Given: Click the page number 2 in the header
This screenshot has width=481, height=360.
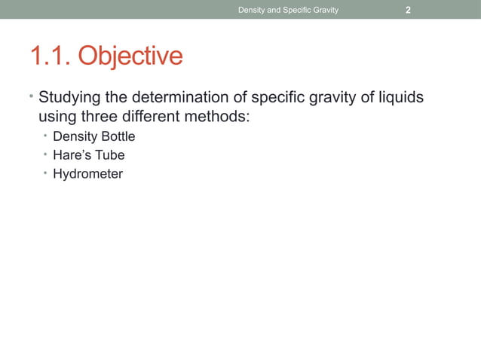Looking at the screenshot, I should point(408,10).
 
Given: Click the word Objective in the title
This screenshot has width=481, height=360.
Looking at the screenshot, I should point(130,56).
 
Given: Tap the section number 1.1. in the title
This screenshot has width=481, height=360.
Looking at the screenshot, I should point(51,56).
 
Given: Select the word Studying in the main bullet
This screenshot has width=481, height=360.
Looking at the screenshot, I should point(72,99).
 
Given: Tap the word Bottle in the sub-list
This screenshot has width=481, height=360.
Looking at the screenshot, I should point(116,136).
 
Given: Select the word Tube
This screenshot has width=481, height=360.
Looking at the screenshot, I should point(110,155).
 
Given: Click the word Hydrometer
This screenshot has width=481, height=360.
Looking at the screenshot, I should point(87,174).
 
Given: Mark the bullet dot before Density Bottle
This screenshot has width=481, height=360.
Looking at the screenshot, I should point(44,136).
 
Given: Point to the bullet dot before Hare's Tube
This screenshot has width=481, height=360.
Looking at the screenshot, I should point(44,155).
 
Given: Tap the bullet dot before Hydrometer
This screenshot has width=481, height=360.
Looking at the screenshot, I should point(44,174).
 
